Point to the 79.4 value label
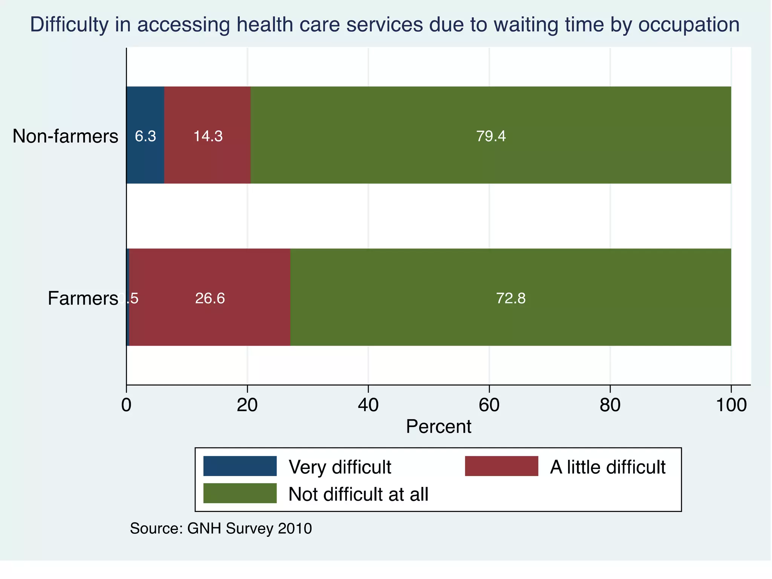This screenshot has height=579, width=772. [491, 136]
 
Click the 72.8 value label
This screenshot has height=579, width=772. [510, 299]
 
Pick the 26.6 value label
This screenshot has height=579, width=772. [210, 299]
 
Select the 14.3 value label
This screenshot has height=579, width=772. [208, 136]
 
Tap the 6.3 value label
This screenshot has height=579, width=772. [146, 136]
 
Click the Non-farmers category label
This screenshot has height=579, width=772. [65, 136]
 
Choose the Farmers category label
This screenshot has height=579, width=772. [83, 299]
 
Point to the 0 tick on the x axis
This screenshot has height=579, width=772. [126, 405]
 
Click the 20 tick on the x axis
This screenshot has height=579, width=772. [247, 405]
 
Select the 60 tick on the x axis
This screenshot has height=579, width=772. [489, 405]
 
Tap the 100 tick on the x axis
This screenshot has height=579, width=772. [731, 405]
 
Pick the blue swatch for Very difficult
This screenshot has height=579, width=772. [240, 466]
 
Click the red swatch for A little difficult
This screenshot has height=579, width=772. [501, 466]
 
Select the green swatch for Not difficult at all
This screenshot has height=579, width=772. [240, 493]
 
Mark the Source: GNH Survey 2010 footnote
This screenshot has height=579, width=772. [221, 528]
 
